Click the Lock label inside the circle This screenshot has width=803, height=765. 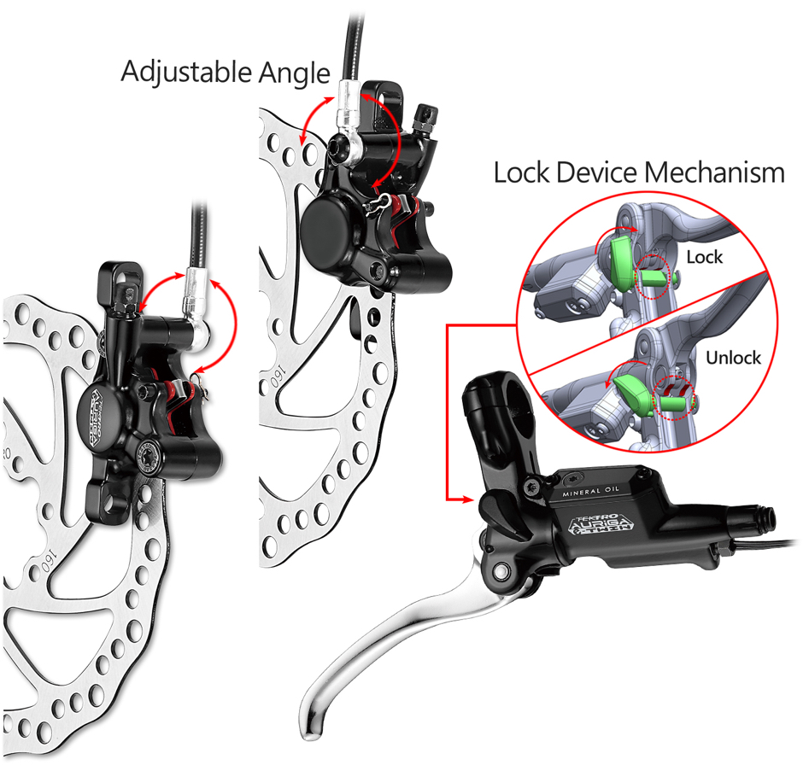(704, 256)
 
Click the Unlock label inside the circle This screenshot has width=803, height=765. (732, 357)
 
